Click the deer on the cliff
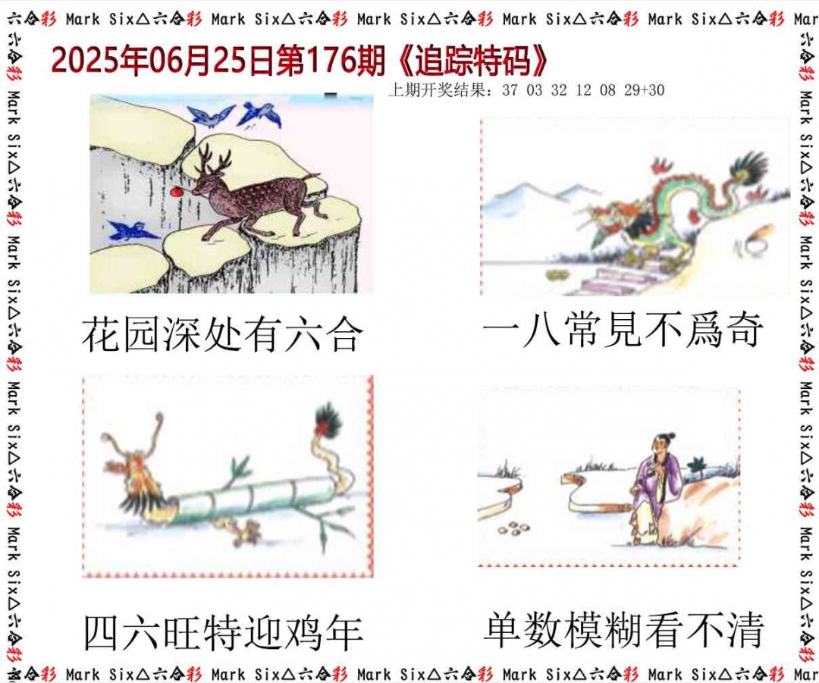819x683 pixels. (250, 197)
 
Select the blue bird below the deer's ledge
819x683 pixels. (133, 230)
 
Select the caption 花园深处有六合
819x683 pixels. (222, 334)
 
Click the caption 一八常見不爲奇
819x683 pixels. (622, 331)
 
